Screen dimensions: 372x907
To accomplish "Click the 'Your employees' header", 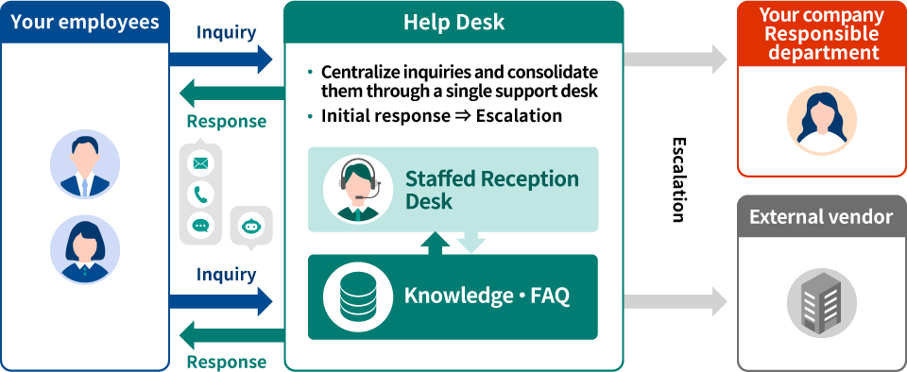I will tap(84, 22).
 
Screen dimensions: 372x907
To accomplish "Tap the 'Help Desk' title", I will tap(453, 22).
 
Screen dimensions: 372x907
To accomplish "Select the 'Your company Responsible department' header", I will tap(820, 33).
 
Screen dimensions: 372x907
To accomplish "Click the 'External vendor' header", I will tap(820, 217).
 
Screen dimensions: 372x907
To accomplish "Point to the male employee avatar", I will tap(84, 165).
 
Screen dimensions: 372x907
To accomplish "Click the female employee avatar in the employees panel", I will tap(84, 249).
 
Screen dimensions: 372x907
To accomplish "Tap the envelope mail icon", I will tap(200, 163).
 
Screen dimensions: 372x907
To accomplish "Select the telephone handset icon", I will tap(200, 194).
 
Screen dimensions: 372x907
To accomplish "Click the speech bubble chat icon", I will tap(200, 225).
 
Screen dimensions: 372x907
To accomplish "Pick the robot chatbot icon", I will tap(250, 226).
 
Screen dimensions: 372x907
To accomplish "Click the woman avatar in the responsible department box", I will tap(821, 120).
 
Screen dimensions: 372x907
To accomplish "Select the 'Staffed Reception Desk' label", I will tap(491, 190).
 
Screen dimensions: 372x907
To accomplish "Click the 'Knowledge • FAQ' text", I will tap(487, 296).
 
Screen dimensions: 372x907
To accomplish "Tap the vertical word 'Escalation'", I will tap(677, 179).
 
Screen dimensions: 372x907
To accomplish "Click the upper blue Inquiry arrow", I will tap(221, 59).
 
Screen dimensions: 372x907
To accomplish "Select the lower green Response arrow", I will tap(231, 333).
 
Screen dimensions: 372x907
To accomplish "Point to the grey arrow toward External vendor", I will tap(675, 301).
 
